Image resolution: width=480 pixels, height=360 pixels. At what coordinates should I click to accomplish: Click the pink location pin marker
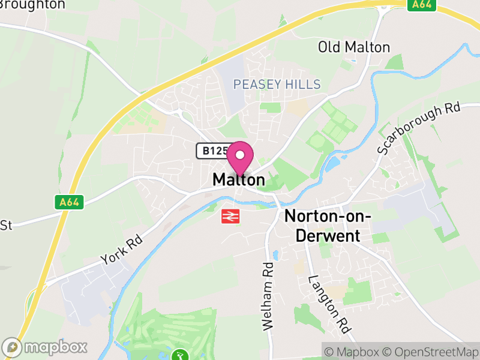point(240,157)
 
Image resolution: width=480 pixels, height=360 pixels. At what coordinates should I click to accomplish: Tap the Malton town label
point(238,180)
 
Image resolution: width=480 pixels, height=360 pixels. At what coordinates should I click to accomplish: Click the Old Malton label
point(354,47)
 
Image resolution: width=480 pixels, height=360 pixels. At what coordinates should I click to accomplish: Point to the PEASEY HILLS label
point(277,85)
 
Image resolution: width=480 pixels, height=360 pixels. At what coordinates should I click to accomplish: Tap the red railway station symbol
point(230,216)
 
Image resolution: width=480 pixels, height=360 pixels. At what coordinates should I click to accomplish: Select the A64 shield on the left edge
point(70,203)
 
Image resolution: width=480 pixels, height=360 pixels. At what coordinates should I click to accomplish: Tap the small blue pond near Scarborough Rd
point(334,161)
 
